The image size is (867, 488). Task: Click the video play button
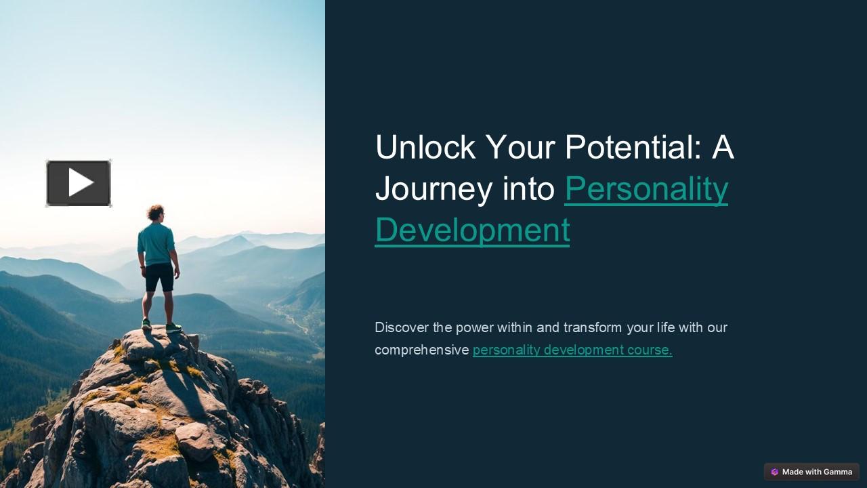click(79, 183)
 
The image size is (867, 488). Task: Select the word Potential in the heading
click(633, 147)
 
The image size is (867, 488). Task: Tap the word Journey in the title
click(433, 188)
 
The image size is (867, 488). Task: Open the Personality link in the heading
click(646, 188)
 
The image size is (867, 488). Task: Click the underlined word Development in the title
click(471, 229)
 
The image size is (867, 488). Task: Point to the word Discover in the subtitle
click(402, 327)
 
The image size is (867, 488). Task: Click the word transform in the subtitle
click(593, 327)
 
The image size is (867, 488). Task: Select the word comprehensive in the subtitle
click(421, 350)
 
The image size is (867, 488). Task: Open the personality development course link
click(572, 350)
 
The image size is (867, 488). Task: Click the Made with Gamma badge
click(811, 472)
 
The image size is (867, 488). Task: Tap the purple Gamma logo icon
click(774, 472)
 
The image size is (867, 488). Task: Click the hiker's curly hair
click(156, 211)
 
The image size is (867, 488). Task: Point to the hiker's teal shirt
click(156, 244)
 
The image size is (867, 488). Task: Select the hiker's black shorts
click(159, 277)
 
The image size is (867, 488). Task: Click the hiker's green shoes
click(173, 327)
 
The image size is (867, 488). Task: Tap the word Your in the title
click(520, 147)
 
